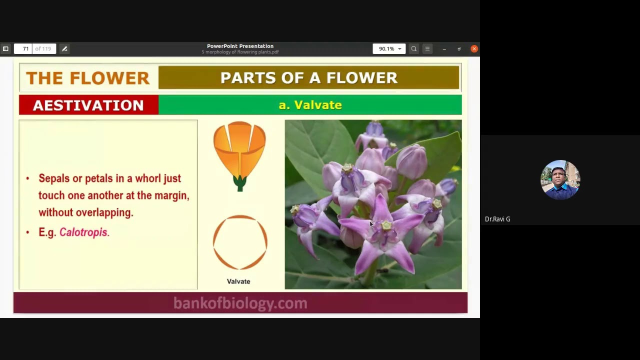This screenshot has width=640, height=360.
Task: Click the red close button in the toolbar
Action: (474, 49)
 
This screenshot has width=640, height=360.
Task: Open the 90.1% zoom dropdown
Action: (389, 49)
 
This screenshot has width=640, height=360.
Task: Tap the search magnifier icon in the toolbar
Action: (413, 49)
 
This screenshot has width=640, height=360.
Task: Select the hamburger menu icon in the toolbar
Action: (427, 49)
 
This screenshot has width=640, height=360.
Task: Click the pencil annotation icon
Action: (64, 49)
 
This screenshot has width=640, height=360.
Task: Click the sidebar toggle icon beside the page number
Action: (5, 49)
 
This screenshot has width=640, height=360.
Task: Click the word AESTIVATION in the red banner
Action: (88, 105)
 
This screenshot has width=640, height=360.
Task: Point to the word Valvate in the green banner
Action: (318, 105)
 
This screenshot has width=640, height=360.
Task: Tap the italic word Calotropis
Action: (83, 232)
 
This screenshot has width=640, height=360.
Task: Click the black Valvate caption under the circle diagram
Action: (238, 281)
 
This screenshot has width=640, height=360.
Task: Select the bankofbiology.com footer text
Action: (240, 303)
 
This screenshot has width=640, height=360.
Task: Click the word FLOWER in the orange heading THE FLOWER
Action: (109, 78)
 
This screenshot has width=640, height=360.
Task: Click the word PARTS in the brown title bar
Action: (248, 77)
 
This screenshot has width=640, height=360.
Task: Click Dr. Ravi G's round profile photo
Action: (560, 179)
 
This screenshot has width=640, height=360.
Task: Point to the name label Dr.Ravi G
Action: (497, 219)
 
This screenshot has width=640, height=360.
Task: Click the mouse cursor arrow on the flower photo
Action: (371, 224)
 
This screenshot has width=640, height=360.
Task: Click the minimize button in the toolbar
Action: (444, 49)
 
